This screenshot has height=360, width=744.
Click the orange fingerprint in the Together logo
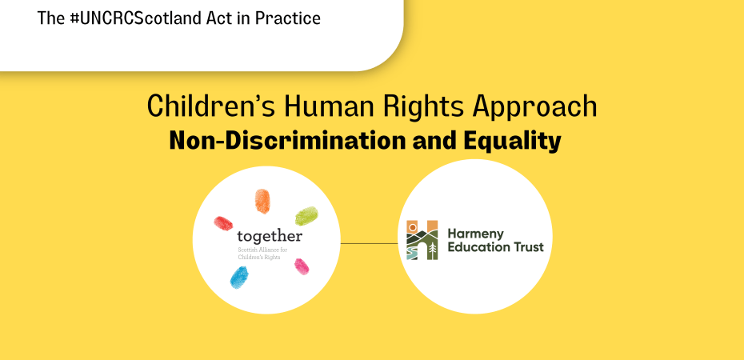click(262, 202)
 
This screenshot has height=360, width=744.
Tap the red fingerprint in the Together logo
click(223, 222)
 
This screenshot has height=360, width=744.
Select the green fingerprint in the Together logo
click(306, 215)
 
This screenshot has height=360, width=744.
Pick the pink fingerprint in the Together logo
click(302, 265)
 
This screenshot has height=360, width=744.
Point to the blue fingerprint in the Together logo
click(239, 277)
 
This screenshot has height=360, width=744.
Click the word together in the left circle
click(270, 237)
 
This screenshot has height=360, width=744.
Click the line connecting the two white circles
click(370, 242)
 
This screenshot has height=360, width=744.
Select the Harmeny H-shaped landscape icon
click(422, 240)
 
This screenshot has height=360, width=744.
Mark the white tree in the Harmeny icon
click(432, 250)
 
